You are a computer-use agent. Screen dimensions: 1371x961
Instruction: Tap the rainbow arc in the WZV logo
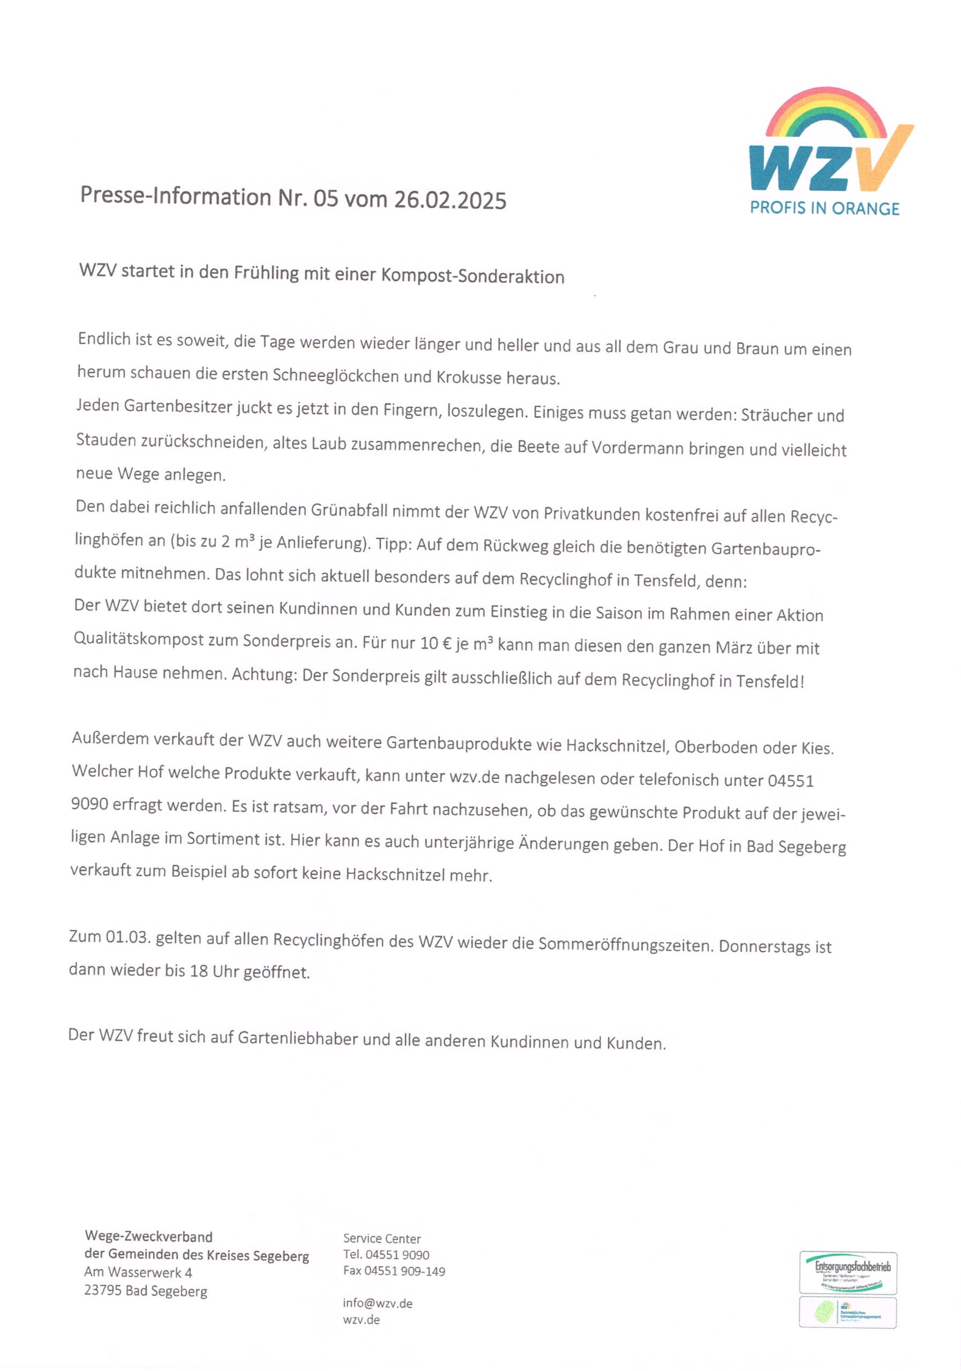(x=827, y=110)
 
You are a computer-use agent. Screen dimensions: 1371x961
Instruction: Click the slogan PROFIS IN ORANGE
(x=824, y=208)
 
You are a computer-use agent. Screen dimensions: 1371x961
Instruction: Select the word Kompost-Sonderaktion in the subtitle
(x=472, y=276)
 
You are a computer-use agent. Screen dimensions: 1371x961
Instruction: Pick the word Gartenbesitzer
(x=178, y=406)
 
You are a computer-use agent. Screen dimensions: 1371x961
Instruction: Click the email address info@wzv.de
(x=377, y=1303)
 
